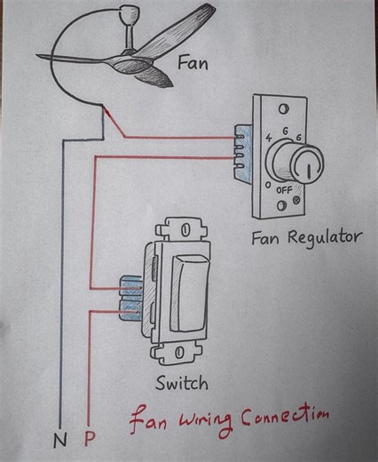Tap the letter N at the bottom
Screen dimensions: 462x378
(60, 440)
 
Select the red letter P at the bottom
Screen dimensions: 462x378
(89, 440)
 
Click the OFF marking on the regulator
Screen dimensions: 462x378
(284, 190)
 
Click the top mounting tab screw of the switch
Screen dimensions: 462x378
(185, 229)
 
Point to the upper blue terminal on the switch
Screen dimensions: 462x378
(131, 286)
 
